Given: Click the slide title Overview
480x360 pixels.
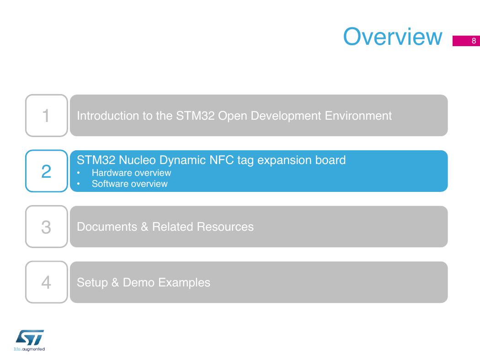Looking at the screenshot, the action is pos(392,37).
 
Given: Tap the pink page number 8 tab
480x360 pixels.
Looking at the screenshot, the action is pos(466,41).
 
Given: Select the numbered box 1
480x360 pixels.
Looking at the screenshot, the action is pos(47,115).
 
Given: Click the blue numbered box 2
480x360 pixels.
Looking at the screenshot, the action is pos(47,171).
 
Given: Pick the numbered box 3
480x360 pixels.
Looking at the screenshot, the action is pos(47,227).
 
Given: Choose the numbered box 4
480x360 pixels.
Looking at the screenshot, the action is pos(47,282).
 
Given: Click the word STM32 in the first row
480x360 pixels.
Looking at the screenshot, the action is pos(195,116).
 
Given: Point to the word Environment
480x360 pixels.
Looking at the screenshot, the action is pos(358,116).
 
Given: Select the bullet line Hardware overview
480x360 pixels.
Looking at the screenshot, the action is pos(131,173).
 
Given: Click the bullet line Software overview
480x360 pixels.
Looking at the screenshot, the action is pos(129,184).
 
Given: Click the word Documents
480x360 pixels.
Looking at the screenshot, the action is pos(107,227).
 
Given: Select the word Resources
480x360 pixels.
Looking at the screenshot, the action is pos(225,227).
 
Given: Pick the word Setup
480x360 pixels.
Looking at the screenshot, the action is pos(92,283).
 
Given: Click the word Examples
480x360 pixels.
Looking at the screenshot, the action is pos(184,283).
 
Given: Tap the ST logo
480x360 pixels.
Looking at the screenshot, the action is pos(30,337).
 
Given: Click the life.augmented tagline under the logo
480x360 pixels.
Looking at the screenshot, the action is pos(29,349).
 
